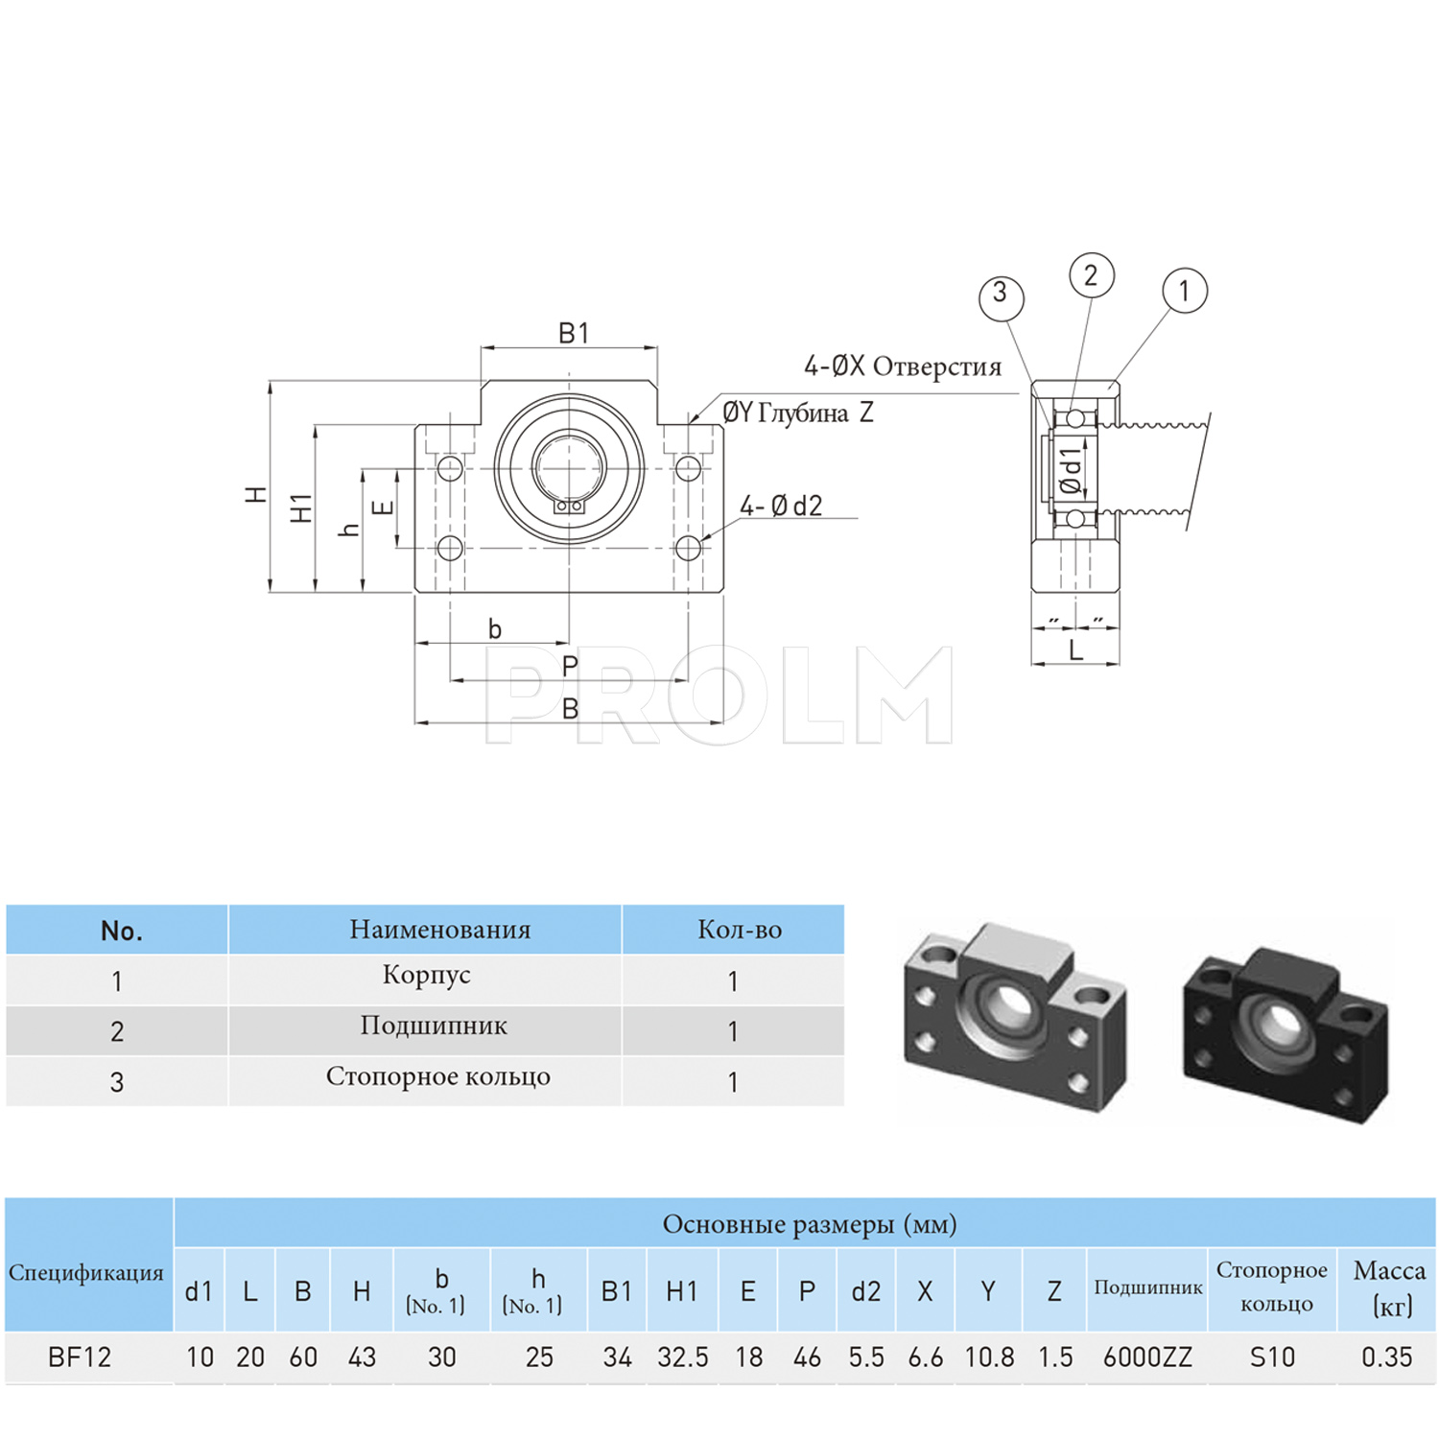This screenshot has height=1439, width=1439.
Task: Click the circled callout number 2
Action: click(1091, 275)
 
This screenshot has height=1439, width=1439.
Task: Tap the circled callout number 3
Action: click(1001, 293)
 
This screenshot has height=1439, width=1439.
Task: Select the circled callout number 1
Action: click(1184, 291)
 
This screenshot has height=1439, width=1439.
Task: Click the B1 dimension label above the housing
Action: click(573, 334)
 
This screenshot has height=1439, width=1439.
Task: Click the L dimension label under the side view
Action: click(1075, 651)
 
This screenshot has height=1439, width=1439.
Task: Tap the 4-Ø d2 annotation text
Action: click(781, 506)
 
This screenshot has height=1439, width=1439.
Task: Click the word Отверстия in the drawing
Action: click(936, 367)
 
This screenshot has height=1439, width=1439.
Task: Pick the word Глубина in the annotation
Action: click(803, 413)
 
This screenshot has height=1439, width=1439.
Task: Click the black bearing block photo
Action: click(1286, 1032)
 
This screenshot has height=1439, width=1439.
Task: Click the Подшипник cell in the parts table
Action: click(434, 1026)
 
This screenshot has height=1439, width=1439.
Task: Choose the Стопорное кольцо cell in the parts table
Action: click(437, 1077)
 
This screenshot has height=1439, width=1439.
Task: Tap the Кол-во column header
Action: click(739, 930)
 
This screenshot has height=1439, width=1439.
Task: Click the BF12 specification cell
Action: click(80, 1357)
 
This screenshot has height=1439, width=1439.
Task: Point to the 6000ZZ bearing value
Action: click(1147, 1357)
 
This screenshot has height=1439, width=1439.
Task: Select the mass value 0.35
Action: click(1386, 1357)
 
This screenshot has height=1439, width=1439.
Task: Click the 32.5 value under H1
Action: click(682, 1357)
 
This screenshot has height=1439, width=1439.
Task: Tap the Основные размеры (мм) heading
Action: click(809, 1225)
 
